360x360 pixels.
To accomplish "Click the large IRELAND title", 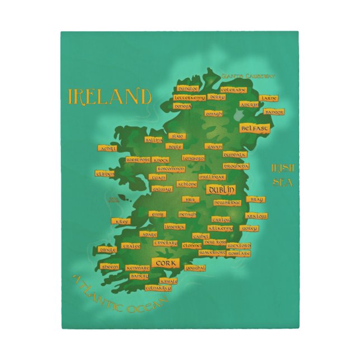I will coord(110,96).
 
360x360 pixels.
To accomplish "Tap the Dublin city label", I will coord(221,190).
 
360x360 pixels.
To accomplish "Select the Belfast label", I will coord(254,128).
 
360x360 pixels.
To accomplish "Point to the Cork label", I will coord(165,262).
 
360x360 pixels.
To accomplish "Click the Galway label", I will coord(161,189).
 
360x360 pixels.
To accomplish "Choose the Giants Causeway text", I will coord(248,76).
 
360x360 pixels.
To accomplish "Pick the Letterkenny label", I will coord(190,97).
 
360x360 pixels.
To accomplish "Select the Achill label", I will coord(107,148).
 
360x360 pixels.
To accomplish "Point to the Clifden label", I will coord(105,174).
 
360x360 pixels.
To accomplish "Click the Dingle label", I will coord(107,249).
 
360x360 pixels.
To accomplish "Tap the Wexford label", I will coord(239,245).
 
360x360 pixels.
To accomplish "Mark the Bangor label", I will coord(273,112).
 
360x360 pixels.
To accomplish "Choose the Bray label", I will coord(256,199).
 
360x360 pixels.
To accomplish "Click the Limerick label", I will coord(174,226).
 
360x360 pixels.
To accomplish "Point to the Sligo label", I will coord(177,135).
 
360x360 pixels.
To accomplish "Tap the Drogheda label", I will coord(236,165).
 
